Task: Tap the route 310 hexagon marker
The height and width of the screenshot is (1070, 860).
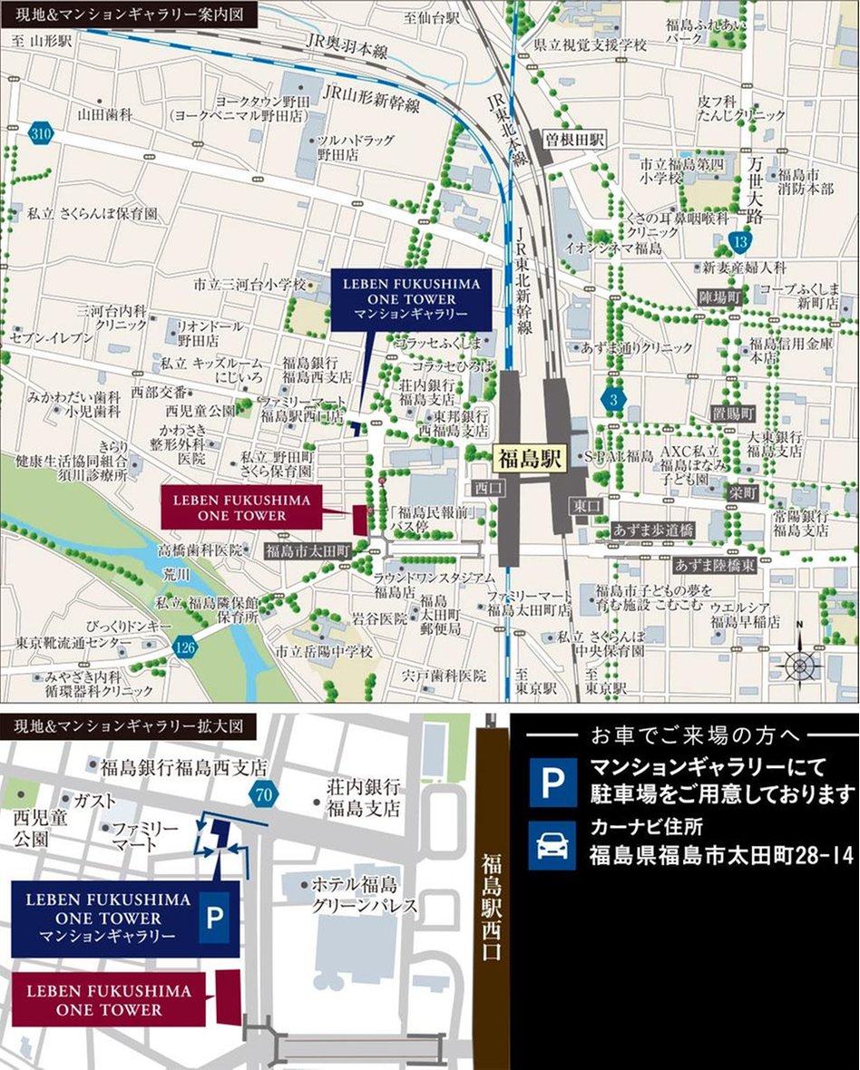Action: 40,133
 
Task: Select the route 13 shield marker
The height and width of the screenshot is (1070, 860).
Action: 741,241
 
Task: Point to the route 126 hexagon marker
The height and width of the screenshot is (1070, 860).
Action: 185,647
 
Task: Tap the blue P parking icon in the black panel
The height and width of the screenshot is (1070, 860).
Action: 552,783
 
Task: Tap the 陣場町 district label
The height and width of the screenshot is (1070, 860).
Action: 720,297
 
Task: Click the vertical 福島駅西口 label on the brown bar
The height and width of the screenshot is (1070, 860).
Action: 494,907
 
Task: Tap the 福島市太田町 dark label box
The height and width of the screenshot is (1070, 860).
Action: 307,550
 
